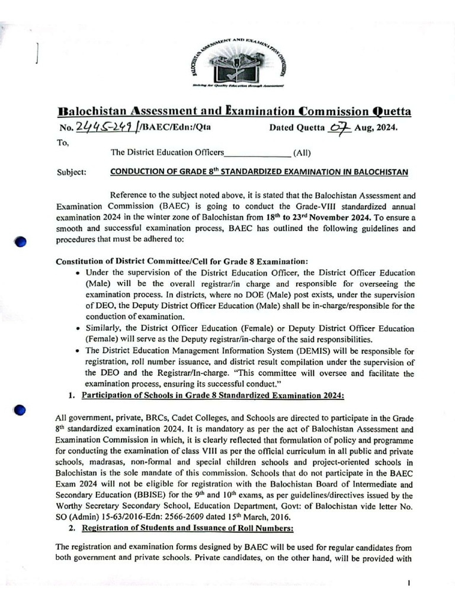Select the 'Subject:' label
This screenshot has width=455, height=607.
(x=72, y=172)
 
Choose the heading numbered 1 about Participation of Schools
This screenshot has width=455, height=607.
(x=212, y=395)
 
